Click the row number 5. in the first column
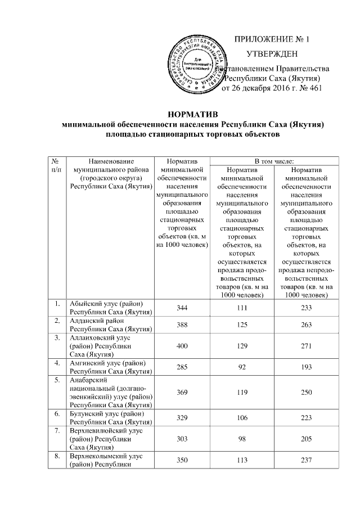click(57, 380)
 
